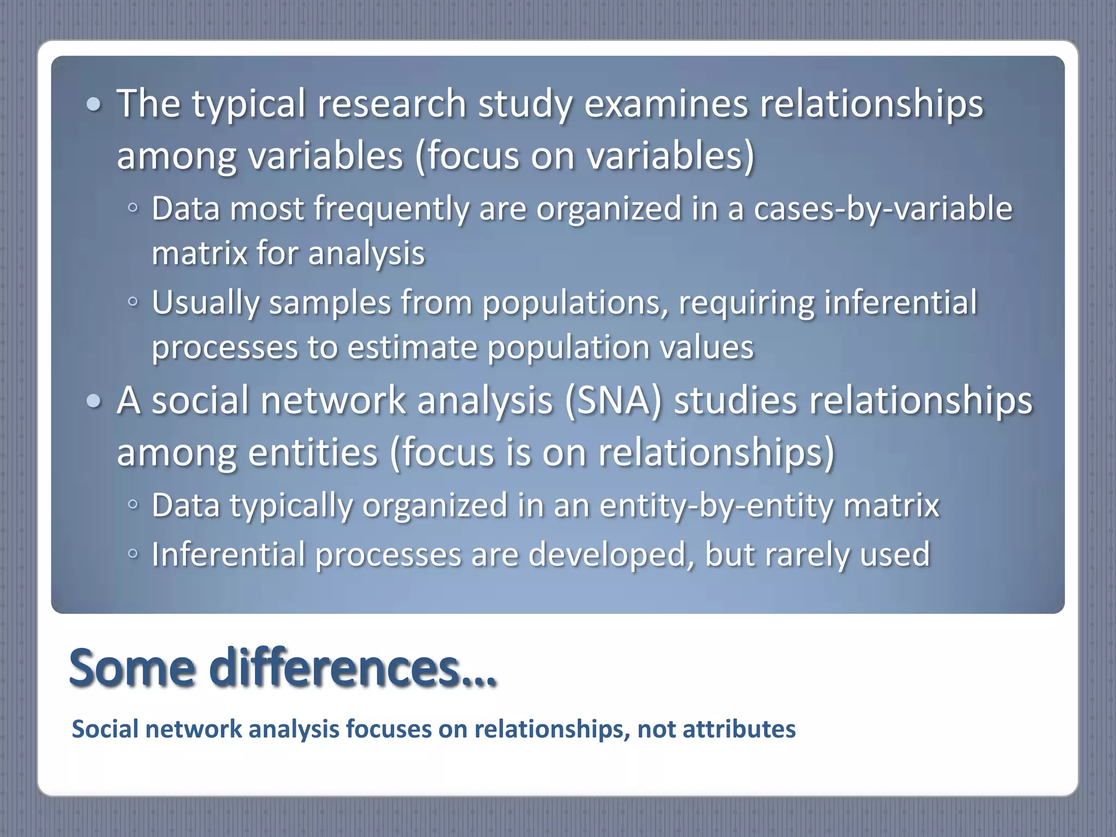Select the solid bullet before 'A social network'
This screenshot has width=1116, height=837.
(94, 401)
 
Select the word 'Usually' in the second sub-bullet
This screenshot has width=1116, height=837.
(205, 303)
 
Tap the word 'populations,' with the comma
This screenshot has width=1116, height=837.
(575, 303)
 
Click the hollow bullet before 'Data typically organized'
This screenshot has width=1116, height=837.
(132, 505)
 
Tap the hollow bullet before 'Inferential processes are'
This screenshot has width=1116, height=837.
(132, 554)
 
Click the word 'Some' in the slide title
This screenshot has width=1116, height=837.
(132, 668)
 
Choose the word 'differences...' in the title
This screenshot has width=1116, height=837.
(353, 668)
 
